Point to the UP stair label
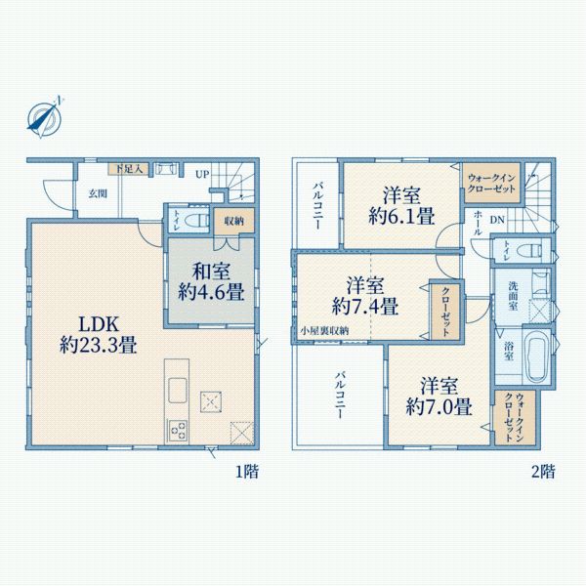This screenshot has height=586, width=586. click(201, 175)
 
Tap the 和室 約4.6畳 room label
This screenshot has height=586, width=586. click(210, 280)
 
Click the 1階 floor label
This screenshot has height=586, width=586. click(247, 472)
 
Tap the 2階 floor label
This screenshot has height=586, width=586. click(543, 472)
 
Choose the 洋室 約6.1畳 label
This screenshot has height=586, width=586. click(401, 206)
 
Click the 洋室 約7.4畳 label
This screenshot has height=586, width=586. click(363, 295)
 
